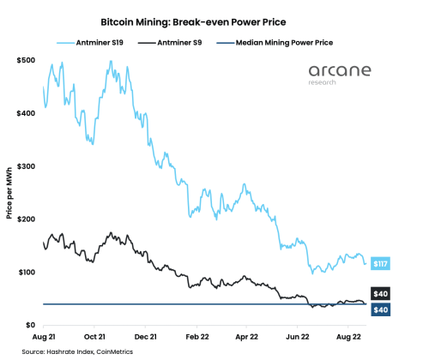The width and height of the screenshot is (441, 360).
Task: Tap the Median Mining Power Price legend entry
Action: pos(287,41)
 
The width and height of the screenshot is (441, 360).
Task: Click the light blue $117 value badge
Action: pos(380,263)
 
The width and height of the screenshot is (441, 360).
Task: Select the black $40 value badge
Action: pos(380,293)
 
